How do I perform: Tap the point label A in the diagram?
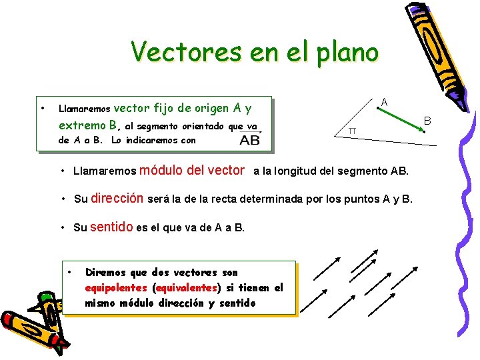pos(384,101)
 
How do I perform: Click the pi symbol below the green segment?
pos(352,131)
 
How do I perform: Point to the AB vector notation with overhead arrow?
pos(250,139)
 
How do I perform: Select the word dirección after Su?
pos(117,198)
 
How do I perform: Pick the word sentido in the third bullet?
pos(111,227)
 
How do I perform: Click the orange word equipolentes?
pos(116,287)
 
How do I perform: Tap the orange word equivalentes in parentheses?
pos(187,287)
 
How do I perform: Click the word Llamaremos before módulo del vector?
pos(104,171)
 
